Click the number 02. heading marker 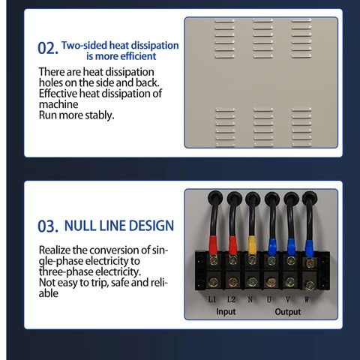(48, 48)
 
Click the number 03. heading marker (48, 226)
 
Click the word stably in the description (100, 115)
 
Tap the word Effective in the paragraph (58, 94)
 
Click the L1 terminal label (212, 299)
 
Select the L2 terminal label (231, 299)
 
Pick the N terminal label (250, 299)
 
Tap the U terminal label (269, 299)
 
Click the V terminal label (288, 299)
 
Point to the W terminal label (307, 299)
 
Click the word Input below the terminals (226, 312)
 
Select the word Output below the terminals (288, 312)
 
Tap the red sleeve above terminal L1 (213, 245)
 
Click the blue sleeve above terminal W (309, 248)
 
